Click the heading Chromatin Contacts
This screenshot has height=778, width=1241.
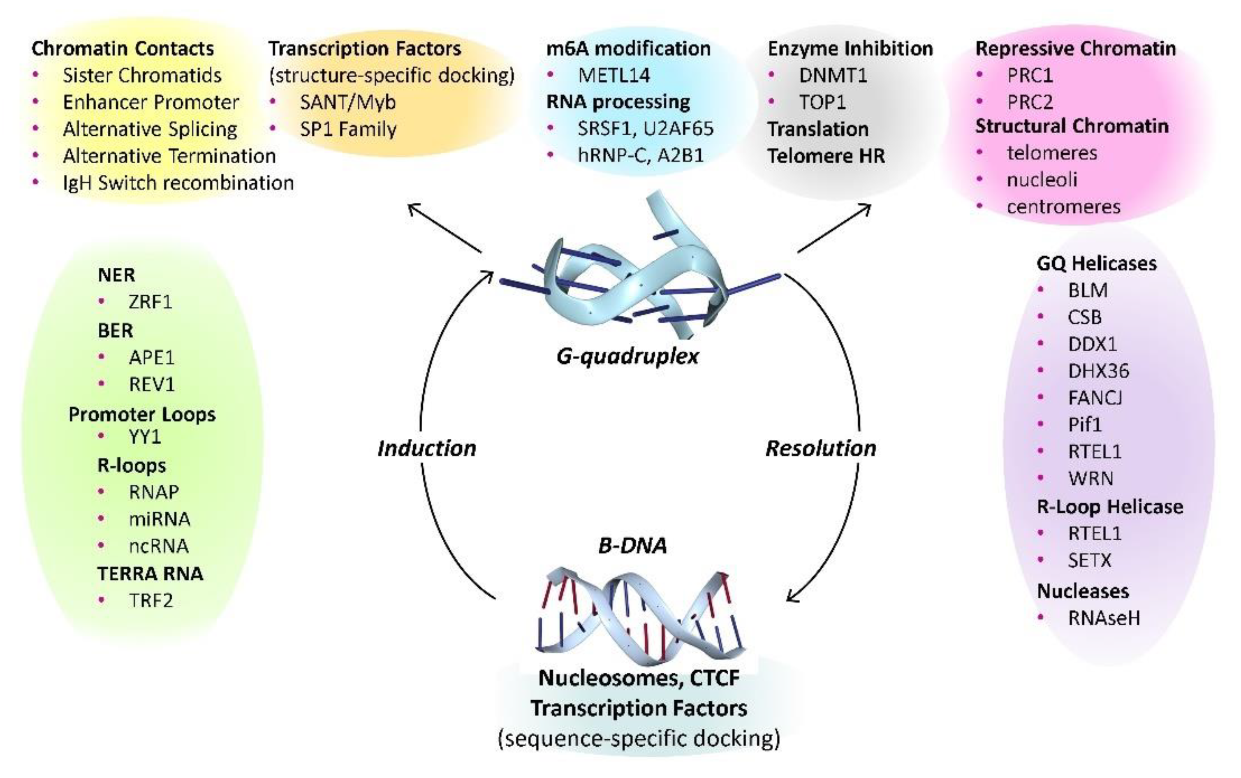click(123, 49)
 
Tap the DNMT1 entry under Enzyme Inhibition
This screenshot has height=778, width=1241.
click(833, 76)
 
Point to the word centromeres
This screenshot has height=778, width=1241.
click(1063, 207)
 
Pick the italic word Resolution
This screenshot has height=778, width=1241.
click(821, 448)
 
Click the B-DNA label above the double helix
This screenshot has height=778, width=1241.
click(632, 545)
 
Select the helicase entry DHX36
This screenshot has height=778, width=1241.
click(1098, 371)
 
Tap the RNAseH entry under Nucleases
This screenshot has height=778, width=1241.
click(1104, 618)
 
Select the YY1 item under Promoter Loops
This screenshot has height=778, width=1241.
click(145, 437)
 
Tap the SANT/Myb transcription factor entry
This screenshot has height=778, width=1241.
click(348, 102)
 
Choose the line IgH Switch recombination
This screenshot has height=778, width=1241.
click(178, 183)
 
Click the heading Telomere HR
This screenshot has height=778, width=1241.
click(826, 156)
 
